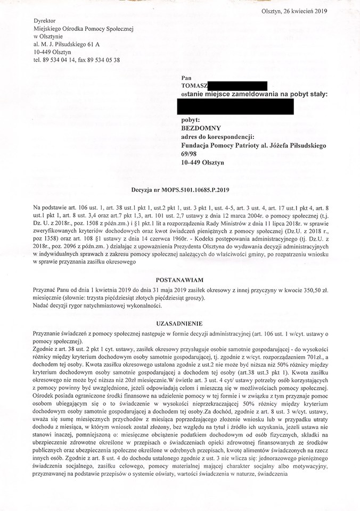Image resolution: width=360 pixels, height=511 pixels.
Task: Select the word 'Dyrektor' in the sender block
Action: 44,20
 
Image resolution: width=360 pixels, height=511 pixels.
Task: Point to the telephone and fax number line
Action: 76,60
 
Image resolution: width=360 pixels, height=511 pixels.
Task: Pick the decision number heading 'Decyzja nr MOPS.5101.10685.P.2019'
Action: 180,189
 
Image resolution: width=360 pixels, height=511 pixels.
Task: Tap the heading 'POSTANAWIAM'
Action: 179,279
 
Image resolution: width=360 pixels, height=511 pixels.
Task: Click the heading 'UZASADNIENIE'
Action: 179,324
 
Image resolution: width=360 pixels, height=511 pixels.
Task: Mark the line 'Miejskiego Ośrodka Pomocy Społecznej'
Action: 83,28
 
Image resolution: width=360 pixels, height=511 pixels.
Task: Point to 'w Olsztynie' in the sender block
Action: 47,36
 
